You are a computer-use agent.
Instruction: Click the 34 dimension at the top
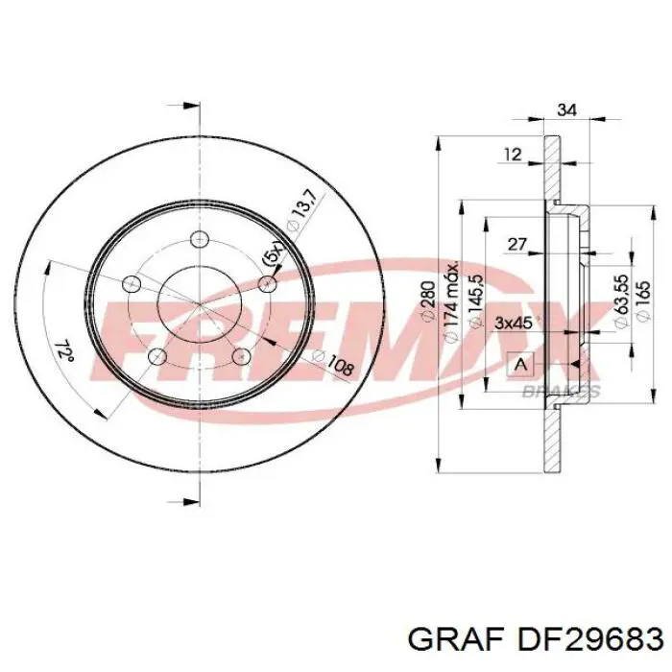pos(566,109)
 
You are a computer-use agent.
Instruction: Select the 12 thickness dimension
pos(513,153)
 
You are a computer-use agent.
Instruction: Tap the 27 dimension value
pos(517,245)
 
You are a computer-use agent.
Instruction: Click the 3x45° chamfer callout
pos(515,323)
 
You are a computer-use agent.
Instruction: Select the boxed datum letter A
pos(520,364)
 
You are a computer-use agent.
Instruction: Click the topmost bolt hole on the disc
pos(200,239)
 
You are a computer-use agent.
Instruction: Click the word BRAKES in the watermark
pos(561,391)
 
